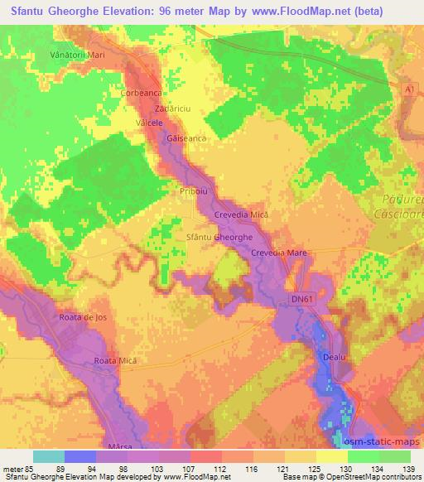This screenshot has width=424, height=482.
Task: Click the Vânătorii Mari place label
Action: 74,55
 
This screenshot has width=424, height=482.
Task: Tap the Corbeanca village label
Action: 139,94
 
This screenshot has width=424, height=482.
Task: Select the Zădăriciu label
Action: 171,108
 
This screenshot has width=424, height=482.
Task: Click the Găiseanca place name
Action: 185,139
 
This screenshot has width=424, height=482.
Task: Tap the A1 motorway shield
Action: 407,88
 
